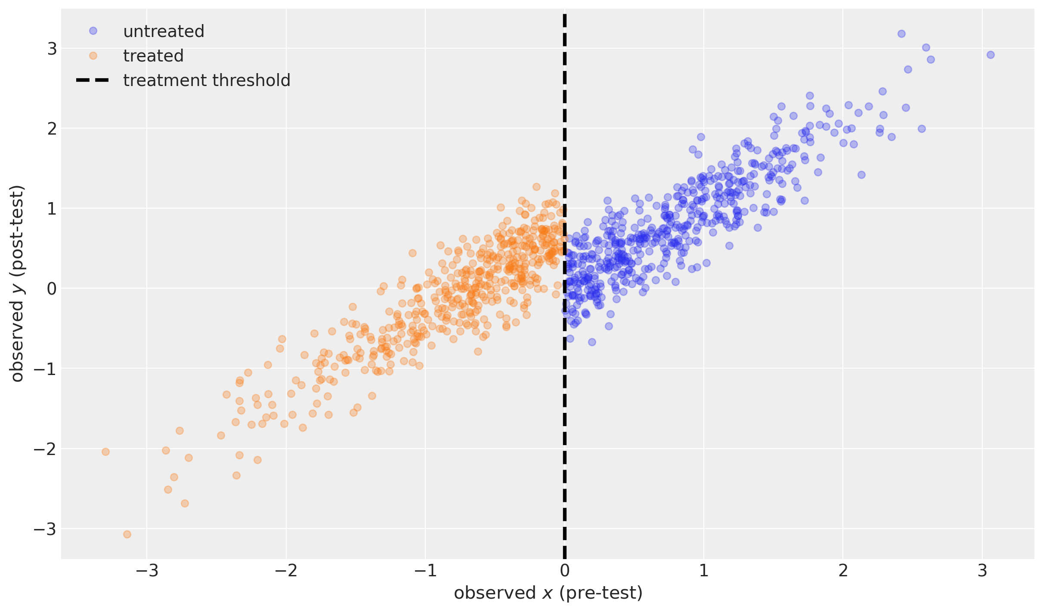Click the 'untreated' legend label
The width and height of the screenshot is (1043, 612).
click(164, 31)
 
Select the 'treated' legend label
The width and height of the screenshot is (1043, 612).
click(153, 56)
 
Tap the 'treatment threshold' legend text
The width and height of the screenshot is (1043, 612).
click(207, 80)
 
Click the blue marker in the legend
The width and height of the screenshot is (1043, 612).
click(93, 31)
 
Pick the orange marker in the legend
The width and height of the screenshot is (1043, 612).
click(93, 55)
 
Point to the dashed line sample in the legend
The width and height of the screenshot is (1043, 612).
click(93, 80)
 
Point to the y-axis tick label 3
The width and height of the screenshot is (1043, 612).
click(52, 49)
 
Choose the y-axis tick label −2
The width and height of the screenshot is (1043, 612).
click(45, 449)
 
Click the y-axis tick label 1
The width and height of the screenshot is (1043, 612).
click(52, 209)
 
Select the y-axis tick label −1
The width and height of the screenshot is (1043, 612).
click(45, 369)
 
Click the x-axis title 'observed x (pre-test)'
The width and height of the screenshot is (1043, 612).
click(548, 593)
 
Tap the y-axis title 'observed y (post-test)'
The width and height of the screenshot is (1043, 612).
click(17, 284)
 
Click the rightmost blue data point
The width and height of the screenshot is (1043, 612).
click(990, 55)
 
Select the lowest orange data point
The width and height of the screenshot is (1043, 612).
click(127, 534)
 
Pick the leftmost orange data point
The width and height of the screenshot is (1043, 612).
click(105, 452)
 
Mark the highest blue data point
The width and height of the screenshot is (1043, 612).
click(901, 34)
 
